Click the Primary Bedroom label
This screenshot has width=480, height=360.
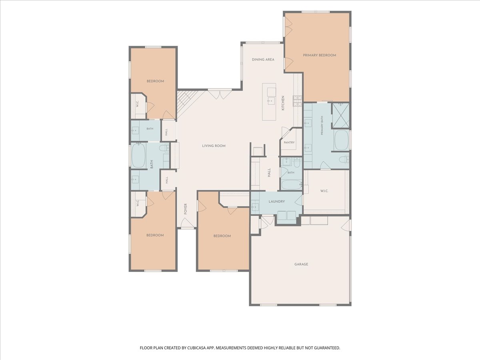tap(320, 55)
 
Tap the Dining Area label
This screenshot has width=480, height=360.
tap(263, 60)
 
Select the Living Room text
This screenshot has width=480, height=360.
tap(214, 146)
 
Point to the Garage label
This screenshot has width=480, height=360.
tap(301, 264)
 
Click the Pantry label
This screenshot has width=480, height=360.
tap(289, 142)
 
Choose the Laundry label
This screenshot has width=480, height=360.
tap(277, 202)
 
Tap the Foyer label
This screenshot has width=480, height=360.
tap(186, 209)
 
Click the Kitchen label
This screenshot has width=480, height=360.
tap(283, 103)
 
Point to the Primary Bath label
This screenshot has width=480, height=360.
tap(322, 126)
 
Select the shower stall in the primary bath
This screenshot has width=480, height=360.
tap(340, 116)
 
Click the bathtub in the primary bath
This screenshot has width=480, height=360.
tap(341, 140)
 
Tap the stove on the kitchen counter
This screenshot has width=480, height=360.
tap(298, 101)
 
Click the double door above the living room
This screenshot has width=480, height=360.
tap(220, 94)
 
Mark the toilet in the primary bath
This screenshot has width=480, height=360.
tap(344, 160)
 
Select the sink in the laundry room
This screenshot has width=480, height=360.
tap(255, 206)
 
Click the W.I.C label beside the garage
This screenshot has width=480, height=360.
tap(324, 191)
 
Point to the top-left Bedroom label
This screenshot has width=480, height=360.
tap(155, 81)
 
